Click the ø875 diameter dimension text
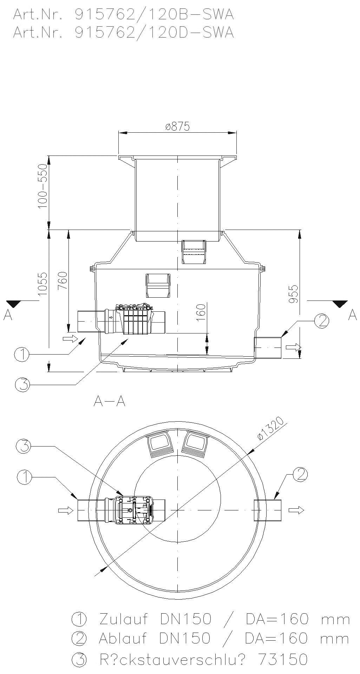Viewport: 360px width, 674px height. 177,126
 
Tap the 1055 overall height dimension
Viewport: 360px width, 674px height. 42,284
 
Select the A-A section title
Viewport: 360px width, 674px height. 110,401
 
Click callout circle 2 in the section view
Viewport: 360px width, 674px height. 321,321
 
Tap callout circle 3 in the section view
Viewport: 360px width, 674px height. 23,385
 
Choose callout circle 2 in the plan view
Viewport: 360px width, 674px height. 300,474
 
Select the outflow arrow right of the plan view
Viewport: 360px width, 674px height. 296,510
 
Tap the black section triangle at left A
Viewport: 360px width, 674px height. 14,303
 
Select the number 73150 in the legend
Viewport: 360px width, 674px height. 283,659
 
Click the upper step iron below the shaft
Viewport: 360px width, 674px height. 194,252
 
